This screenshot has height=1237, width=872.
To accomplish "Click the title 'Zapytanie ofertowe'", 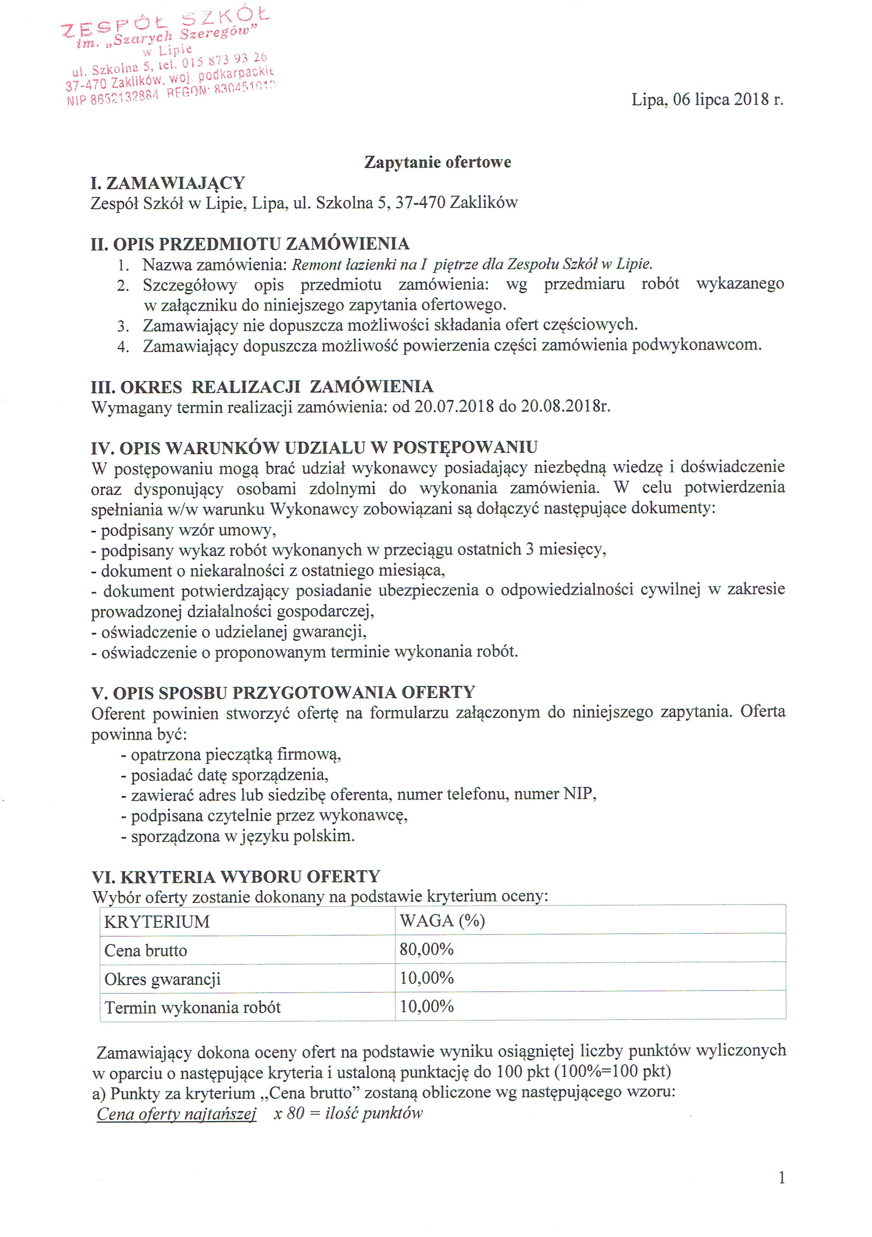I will coord(437,162).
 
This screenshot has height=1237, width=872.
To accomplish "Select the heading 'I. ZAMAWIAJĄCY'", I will coord(168,183).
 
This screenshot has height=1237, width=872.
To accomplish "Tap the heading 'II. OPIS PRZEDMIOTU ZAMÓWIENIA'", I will coord(250,244).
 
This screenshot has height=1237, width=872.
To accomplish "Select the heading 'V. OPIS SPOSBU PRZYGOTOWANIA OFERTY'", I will coord(283,692).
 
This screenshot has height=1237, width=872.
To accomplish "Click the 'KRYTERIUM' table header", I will coord(157,922).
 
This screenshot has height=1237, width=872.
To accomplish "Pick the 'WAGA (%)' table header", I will coord(442,921).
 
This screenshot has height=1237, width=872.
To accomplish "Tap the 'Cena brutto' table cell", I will coord(146,950).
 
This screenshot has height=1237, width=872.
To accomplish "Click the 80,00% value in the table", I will coord(426,949).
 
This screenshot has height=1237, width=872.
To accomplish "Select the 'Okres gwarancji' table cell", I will coord(162,979).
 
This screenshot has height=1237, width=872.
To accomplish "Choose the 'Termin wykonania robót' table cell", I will coord(192,1008).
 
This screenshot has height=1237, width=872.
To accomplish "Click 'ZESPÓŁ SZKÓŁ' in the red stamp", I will coord(165,24).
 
